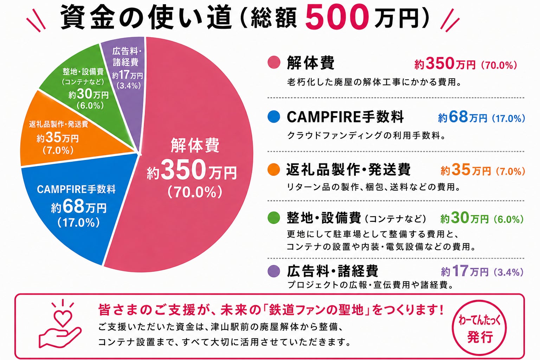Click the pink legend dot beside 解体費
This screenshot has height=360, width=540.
[x=274, y=63]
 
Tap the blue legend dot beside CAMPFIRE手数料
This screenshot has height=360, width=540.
[x=274, y=117]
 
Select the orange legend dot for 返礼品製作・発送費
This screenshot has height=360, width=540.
[x=274, y=170]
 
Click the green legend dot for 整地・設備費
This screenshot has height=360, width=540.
[x=274, y=218]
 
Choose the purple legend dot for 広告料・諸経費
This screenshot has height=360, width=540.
[x=274, y=271]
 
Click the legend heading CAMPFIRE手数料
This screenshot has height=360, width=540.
[x=345, y=117]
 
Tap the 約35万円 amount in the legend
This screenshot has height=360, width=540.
[x=466, y=170]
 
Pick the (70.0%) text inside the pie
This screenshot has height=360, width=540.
[x=195, y=192]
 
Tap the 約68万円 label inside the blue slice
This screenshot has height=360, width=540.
[x=79, y=207]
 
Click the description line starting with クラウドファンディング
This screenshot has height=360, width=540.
[x=366, y=136]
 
